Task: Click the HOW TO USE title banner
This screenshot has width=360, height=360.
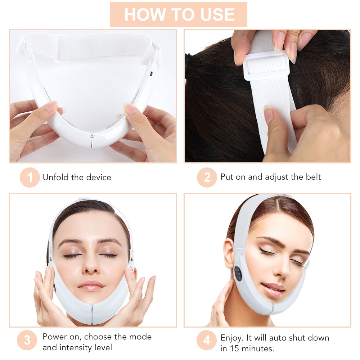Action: click(x=179, y=14)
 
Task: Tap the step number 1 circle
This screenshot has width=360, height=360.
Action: click(x=30, y=177)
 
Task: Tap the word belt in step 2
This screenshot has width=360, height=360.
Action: click(x=313, y=177)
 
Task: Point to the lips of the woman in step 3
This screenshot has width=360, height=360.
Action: click(x=92, y=285)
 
